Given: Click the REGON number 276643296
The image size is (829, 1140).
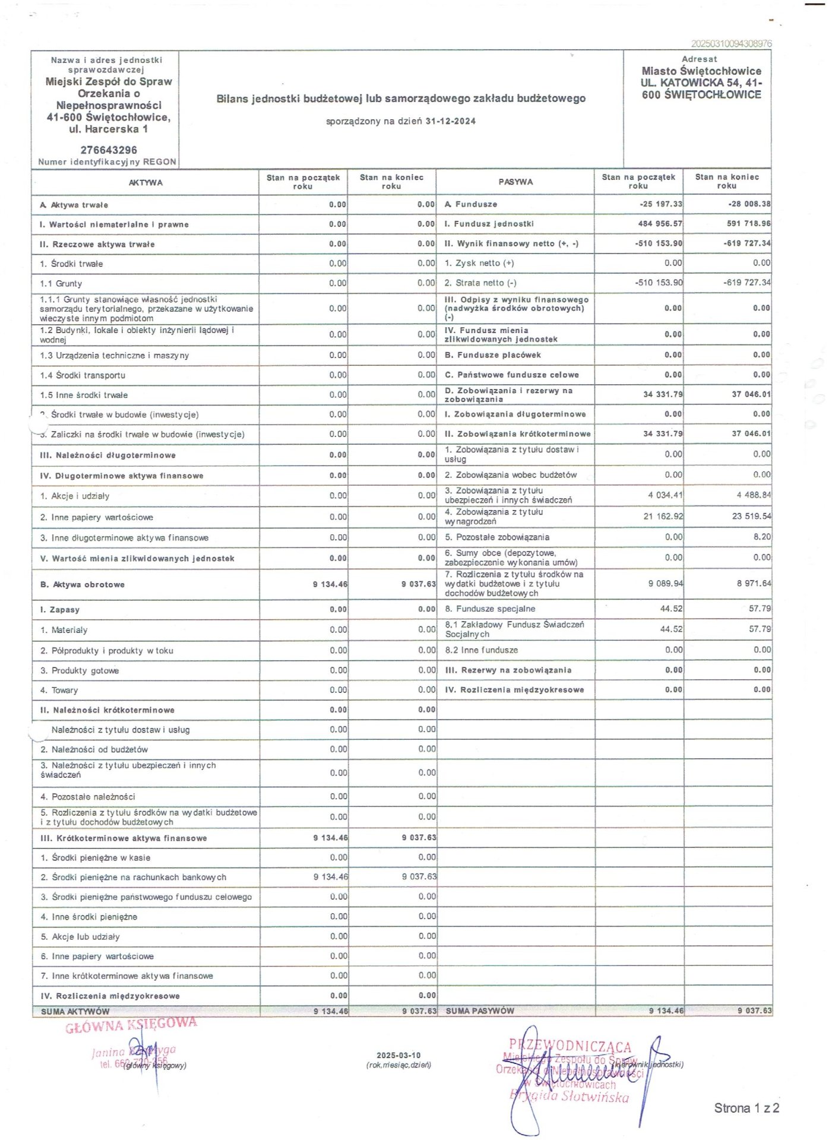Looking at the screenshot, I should pos(109,150).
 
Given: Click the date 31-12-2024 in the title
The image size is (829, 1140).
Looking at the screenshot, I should pos(450,122).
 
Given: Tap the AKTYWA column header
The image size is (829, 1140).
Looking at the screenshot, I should pos(145,183).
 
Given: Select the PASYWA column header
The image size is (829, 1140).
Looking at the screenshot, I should pos(515,182).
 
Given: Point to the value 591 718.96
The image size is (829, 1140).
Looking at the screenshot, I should pos(748,224).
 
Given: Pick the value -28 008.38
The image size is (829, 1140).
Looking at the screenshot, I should pos(749,204).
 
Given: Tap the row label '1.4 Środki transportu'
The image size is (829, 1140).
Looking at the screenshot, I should pos(83,375).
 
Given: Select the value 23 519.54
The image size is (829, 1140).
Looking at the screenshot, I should pos(751,517).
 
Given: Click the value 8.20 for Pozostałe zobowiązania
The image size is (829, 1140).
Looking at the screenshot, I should pos(762,537).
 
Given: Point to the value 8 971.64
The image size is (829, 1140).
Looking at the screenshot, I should pos(754,584).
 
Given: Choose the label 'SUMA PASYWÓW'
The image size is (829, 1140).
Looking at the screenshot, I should pos(480,1011).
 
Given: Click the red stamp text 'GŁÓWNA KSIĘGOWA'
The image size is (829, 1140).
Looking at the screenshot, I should pos(131,1025).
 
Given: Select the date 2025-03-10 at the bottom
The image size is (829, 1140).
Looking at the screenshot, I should pos(398,1056).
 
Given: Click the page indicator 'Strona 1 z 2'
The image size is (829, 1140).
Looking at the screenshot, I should pos(746,1109).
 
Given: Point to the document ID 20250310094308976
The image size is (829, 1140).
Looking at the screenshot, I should pos(731,44).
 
